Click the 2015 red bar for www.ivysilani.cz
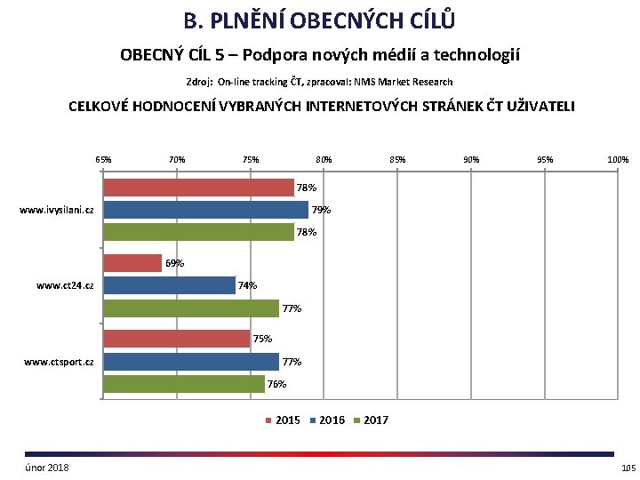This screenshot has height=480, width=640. tap(198, 188)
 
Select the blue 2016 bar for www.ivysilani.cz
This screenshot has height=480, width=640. tap(205, 210)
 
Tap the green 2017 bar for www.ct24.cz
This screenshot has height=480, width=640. tap(191, 308)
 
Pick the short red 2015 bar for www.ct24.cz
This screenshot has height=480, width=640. tap(132, 263)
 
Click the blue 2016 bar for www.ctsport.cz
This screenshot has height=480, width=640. tap(191, 362)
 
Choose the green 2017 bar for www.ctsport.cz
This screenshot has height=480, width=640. tap(184, 384)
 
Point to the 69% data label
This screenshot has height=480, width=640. tap(175, 263)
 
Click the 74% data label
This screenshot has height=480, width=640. tap(248, 285)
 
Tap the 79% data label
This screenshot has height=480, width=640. tap(322, 211)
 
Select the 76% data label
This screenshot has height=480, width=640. tap(277, 384)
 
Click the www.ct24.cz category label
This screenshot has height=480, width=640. tap(66, 286)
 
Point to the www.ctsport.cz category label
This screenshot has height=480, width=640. tap(60, 362)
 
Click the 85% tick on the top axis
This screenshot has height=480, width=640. tap(397, 160)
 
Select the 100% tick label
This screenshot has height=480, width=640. tap(618, 160)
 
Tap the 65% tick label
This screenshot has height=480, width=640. tap(103, 160)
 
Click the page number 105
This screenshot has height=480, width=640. tap(628, 468)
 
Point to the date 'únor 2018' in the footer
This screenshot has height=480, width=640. tap(47, 468)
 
